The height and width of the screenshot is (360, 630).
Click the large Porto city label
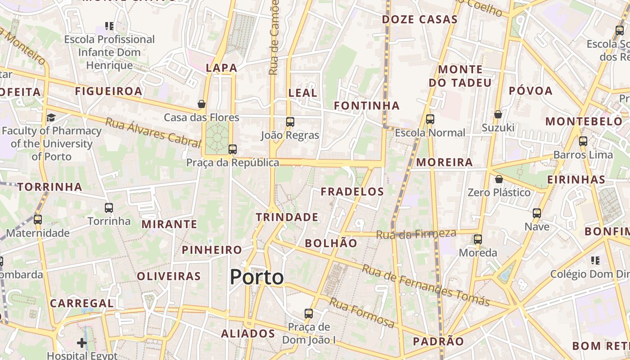(256, 277)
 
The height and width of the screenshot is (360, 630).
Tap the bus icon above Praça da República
(232, 149)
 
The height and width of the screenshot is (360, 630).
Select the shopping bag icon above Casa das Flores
(202, 104)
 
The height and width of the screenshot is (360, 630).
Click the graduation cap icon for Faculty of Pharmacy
(51, 118)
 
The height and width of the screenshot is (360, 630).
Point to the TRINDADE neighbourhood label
(287, 217)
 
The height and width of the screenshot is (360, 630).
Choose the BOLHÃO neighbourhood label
(331, 243)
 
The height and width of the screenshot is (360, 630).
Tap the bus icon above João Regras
(290, 122)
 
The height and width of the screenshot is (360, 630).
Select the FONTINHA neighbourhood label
(366, 106)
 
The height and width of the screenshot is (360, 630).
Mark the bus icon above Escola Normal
(430, 119)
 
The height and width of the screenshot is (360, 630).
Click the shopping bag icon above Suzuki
(498, 115)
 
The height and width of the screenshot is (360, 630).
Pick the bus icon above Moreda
(478, 239)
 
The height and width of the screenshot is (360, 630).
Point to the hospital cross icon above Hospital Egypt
(81, 343)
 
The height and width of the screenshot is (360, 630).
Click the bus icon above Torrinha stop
(109, 208)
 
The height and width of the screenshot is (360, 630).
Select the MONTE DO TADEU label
(460, 76)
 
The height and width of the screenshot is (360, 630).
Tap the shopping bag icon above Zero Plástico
(499, 180)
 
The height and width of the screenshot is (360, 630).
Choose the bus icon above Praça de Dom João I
(309, 314)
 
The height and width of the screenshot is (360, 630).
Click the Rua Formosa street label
(362, 312)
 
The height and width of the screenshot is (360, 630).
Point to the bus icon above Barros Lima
(583, 141)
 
